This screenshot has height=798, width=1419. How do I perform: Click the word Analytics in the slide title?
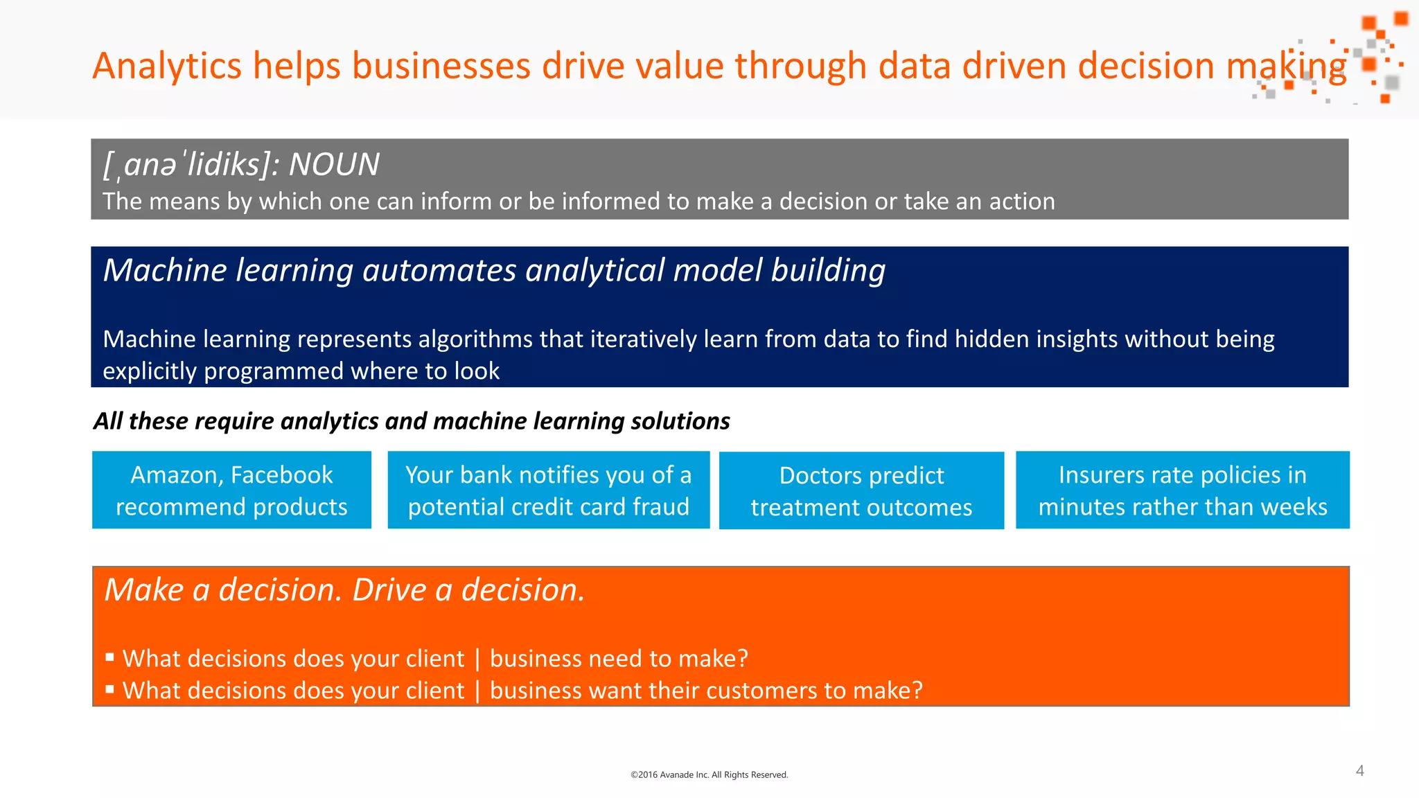167,66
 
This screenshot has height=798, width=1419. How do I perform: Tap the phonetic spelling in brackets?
191,165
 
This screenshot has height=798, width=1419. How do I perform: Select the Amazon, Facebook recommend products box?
231,490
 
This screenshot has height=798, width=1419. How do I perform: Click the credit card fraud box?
548,490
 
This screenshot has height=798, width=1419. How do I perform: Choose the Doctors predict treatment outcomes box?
861,491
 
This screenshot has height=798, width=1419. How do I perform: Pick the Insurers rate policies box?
1182,490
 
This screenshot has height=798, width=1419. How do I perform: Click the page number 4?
1359,771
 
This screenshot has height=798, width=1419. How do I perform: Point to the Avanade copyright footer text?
709,774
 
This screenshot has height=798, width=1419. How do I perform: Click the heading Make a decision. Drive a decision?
344,590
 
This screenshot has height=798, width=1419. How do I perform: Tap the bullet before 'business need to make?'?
109,657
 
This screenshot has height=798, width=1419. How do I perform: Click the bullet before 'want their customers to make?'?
109,689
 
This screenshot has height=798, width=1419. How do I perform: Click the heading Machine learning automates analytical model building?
494,270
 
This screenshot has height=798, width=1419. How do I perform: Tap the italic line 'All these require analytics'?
412,421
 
